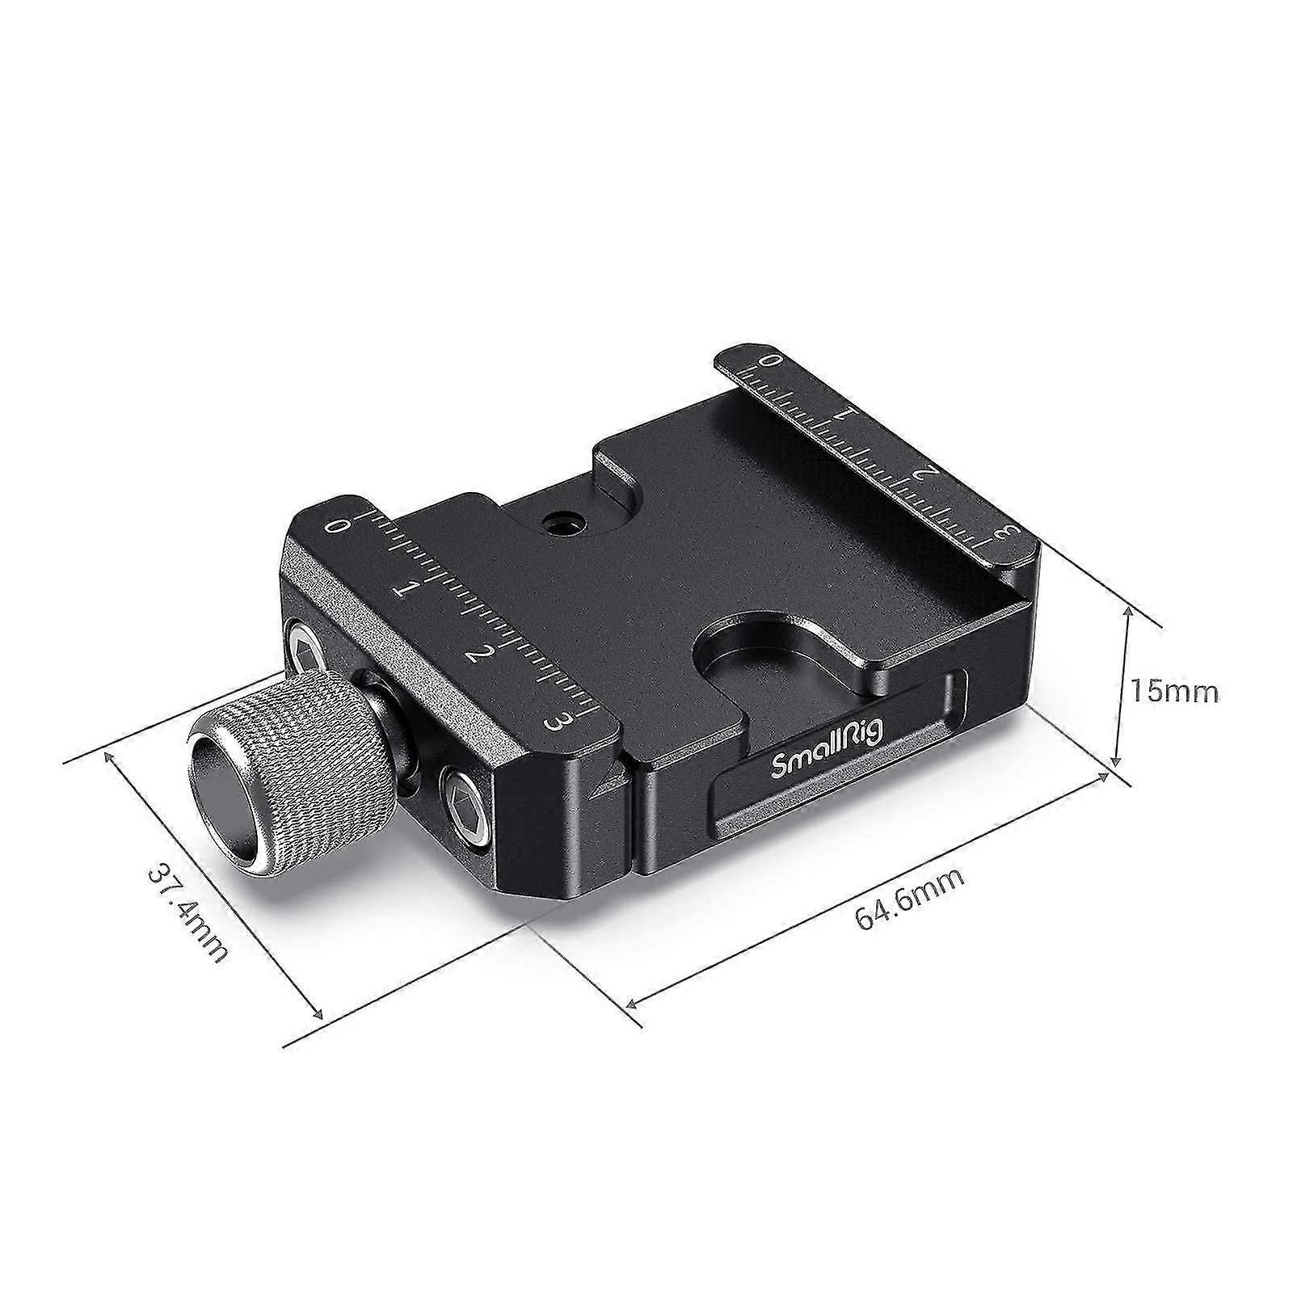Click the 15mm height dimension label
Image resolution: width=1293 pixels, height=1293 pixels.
(1173, 691)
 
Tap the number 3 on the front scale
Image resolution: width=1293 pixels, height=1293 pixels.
(558, 718)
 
